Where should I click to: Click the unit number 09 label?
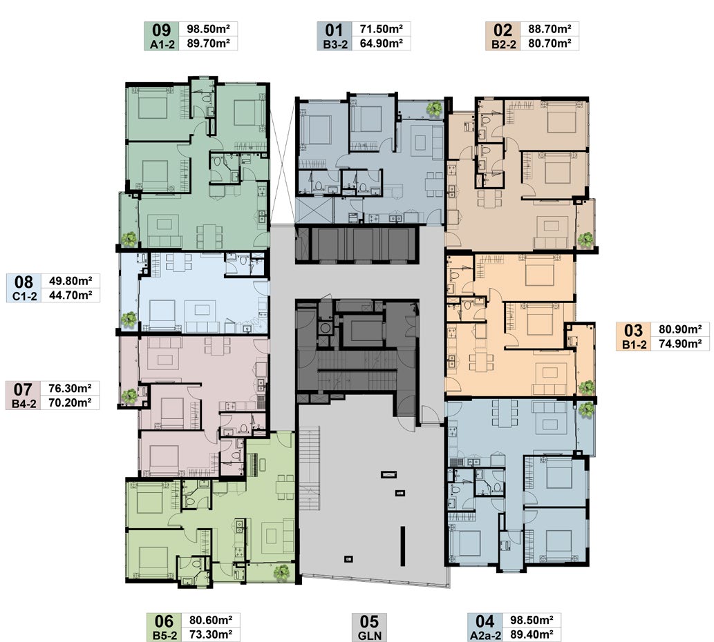pos(161,30)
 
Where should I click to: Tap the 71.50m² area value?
pos(381,29)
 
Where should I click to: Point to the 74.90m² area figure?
pos(680,344)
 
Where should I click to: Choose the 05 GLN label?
pos(369,628)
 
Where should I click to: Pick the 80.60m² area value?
pos(211,620)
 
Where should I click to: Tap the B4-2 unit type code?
pos(24,403)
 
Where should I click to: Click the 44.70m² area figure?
pos(71,295)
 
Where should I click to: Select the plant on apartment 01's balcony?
pos(434,108)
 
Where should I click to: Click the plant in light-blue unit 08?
pos(129,319)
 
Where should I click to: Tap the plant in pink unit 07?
pos(129,396)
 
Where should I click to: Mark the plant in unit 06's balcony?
pos(282,572)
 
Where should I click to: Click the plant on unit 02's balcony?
pos(585,240)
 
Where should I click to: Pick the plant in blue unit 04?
pos(587,409)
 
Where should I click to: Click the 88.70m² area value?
pos(549,29)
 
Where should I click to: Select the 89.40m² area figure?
pos(532,634)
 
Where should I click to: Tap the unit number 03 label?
pos(633,331)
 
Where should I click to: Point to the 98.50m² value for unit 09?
pos(208,29)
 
